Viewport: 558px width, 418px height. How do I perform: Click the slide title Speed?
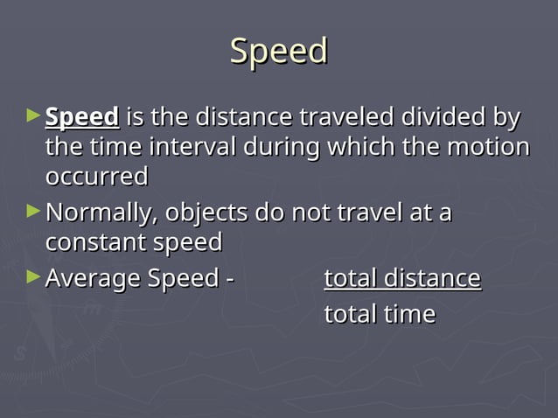click(278, 52)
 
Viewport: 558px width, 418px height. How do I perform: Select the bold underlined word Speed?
click(82, 117)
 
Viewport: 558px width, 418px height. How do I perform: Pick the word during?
click(280, 147)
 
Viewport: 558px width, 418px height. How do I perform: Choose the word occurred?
click(96, 177)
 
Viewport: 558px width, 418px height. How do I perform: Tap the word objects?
click(206, 212)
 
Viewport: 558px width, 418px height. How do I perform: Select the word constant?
click(88, 242)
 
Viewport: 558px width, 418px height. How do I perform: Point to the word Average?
click(93, 279)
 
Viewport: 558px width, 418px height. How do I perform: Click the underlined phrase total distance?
click(402, 279)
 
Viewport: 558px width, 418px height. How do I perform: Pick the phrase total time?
click(380, 313)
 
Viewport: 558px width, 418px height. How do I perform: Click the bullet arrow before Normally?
click(33, 211)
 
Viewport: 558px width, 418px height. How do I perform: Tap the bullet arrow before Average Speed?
click(33, 277)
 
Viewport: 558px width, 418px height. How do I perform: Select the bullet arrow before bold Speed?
click(33, 115)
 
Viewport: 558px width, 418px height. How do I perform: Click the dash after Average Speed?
click(230, 280)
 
